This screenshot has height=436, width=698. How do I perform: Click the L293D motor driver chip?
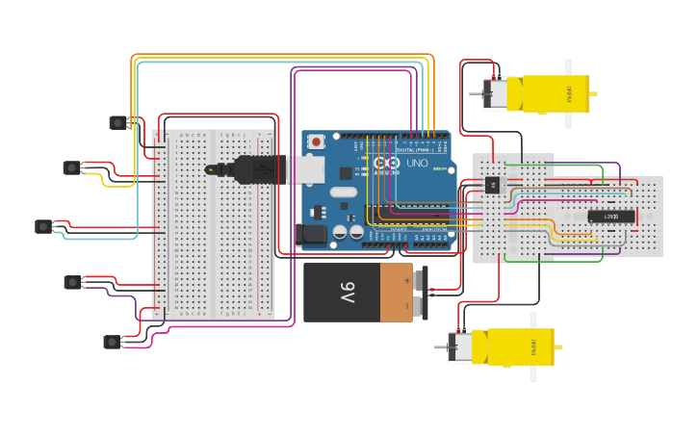611,216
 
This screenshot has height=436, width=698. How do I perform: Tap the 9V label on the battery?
346,292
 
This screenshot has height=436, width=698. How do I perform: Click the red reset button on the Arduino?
315,142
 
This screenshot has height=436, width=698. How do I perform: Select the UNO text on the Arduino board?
417,165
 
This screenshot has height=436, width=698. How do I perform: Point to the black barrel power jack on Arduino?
314,233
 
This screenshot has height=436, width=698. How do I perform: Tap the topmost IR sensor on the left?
118,122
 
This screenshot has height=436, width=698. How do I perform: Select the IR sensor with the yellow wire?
72,168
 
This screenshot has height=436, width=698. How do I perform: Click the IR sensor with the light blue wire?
43,226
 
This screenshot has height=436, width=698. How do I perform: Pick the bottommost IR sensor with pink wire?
113,342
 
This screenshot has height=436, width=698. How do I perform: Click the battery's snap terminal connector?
420,293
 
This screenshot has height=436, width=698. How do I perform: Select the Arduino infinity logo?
381,164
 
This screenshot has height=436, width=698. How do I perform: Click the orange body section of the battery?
396,293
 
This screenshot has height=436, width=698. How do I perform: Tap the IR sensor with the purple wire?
72,282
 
